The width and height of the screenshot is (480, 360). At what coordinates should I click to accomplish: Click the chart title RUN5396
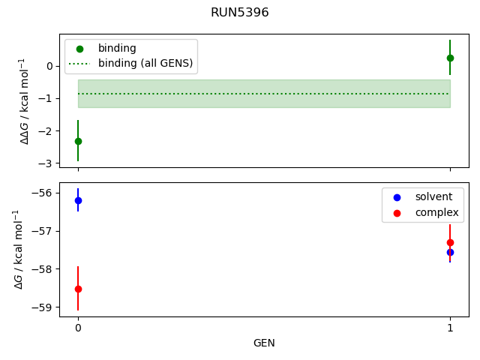point(240,13)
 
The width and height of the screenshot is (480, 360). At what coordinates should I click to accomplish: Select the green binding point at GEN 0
point(78,141)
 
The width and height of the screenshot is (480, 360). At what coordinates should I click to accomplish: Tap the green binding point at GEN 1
point(450,58)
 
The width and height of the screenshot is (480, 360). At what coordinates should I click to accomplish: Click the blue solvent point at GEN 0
point(78,200)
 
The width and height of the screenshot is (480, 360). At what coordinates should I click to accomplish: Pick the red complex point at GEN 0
point(78,289)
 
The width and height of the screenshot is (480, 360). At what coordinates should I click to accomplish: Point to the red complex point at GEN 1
point(450,242)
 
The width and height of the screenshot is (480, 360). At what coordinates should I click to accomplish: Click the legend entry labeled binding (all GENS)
point(145,63)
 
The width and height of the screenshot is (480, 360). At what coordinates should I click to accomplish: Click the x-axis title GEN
point(264,343)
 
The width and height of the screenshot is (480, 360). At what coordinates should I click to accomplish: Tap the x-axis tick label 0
point(78,328)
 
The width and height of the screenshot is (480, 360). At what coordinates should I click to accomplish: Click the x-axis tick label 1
point(450,328)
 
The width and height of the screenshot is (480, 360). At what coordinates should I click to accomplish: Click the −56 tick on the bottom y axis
point(44,193)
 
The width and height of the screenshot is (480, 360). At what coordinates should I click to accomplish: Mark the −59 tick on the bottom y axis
point(44,307)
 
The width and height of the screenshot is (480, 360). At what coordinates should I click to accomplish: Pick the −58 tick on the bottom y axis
point(44,268)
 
